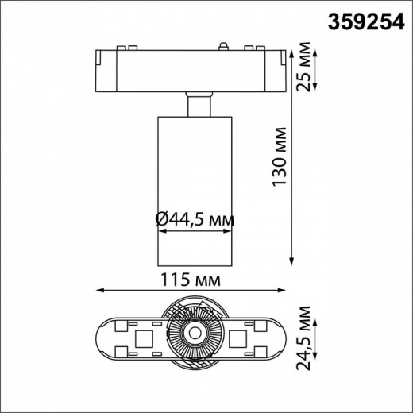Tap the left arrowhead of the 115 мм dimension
(98, 291)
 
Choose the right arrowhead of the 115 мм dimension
(288, 291)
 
